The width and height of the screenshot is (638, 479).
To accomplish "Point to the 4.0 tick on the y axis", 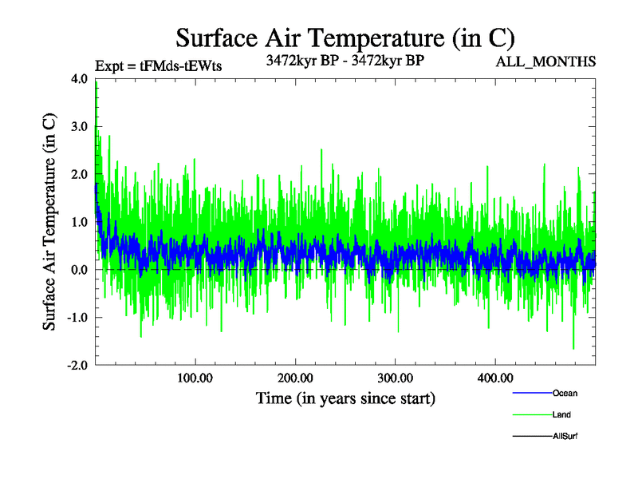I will [x=80, y=79].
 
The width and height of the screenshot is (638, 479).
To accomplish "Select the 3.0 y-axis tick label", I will [x=80, y=127].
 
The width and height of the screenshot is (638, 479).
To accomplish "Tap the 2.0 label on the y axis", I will [x=80, y=175].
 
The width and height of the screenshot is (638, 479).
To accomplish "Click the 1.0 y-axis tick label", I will [x=80, y=223].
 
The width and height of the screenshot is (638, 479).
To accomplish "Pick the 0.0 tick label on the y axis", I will [x=80, y=271].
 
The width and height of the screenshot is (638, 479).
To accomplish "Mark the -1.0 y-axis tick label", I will [x=77, y=318].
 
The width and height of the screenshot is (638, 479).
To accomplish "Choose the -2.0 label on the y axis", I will [x=77, y=366].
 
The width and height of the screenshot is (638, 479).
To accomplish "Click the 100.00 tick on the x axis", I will [x=195, y=378].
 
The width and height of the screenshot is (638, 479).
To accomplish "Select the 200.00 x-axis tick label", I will [x=295, y=378].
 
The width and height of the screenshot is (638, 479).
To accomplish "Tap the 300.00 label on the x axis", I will [x=395, y=378].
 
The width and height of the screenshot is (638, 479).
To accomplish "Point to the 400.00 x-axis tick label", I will [x=494, y=378].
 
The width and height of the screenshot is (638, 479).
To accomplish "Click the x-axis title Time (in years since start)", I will [x=345, y=397].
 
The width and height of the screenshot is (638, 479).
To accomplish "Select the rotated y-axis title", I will [x=49, y=222].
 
